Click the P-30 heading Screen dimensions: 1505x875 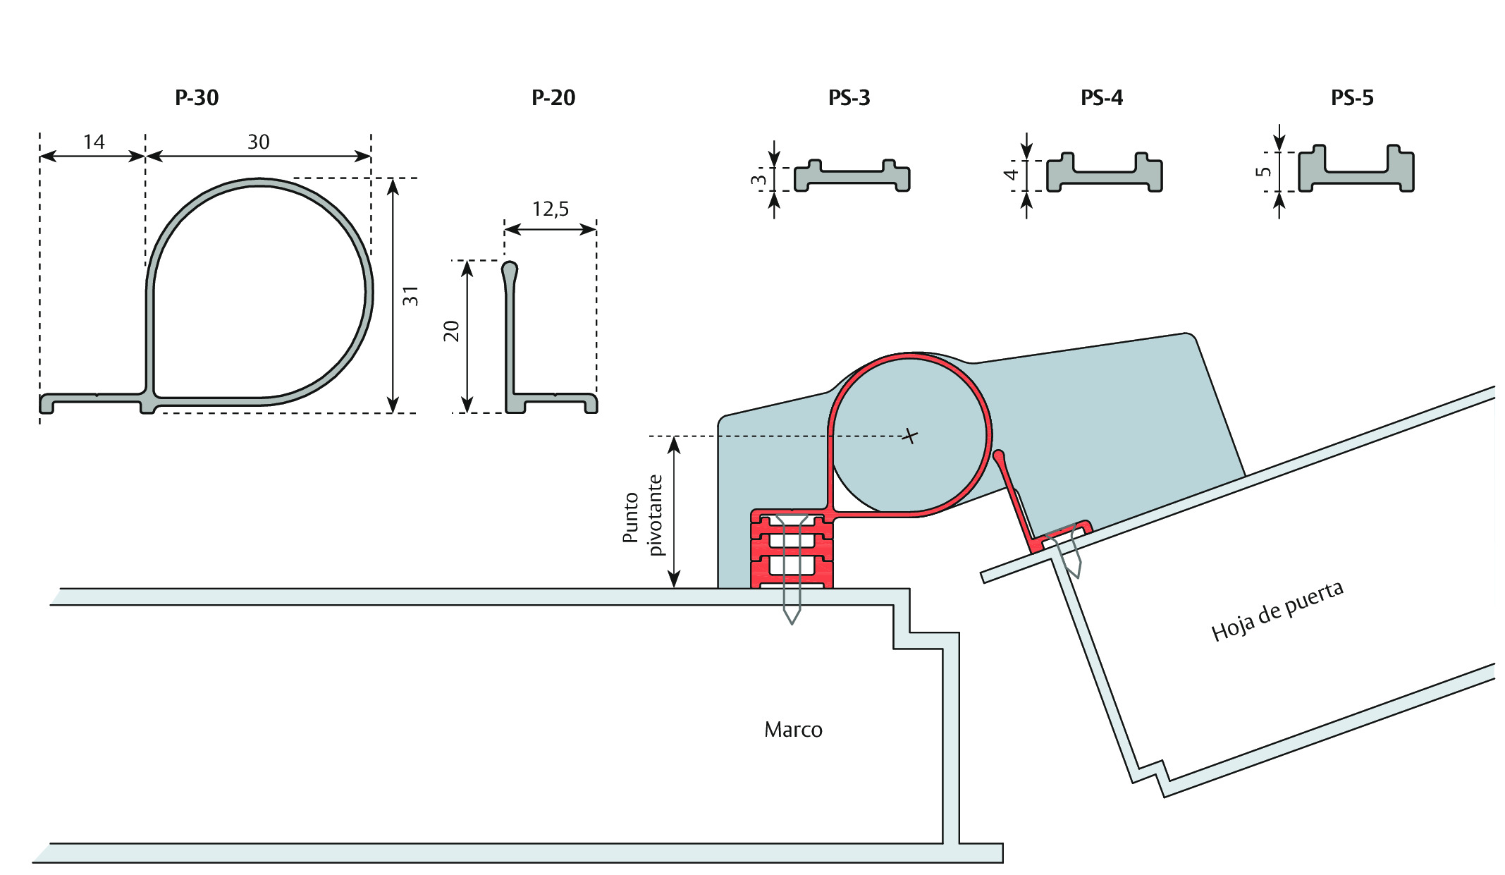[x=197, y=97]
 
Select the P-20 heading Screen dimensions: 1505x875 [x=553, y=97]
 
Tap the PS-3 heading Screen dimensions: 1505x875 [x=849, y=97]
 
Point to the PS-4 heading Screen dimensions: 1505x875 [x=1102, y=97]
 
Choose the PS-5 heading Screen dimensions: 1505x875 [x=1352, y=97]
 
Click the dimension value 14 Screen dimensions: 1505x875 [x=94, y=142]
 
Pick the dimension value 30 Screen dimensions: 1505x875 [x=259, y=142]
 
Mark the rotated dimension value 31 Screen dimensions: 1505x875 [x=410, y=296]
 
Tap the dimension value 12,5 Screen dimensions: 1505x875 [x=551, y=209]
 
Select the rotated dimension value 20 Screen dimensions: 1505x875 [x=451, y=331]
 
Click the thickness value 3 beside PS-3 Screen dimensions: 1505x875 [x=758, y=180]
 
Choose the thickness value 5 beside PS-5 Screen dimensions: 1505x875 [x=1264, y=171]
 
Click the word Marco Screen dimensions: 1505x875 [x=793, y=729]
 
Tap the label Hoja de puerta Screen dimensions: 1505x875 [x=1277, y=611]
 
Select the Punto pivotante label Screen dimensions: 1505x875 [x=642, y=515]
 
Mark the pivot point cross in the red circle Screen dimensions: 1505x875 [x=910, y=436]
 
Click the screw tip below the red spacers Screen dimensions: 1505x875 [x=792, y=623]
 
